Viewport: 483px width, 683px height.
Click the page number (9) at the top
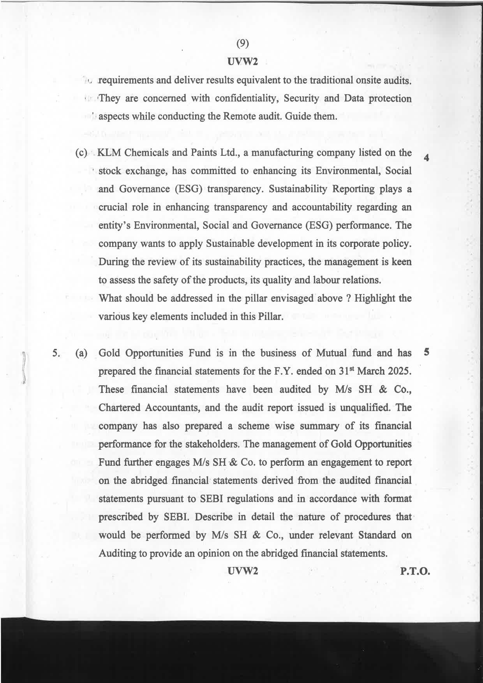[x=242, y=44]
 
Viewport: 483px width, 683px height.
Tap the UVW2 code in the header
[x=242, y=61]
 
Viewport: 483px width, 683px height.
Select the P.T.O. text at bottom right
[x=414, y=571]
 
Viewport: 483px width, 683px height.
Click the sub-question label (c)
[x=81, y=153]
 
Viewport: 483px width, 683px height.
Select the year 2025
[x=398, y=371]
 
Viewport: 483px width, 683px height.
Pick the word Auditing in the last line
[x=118, y=553]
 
